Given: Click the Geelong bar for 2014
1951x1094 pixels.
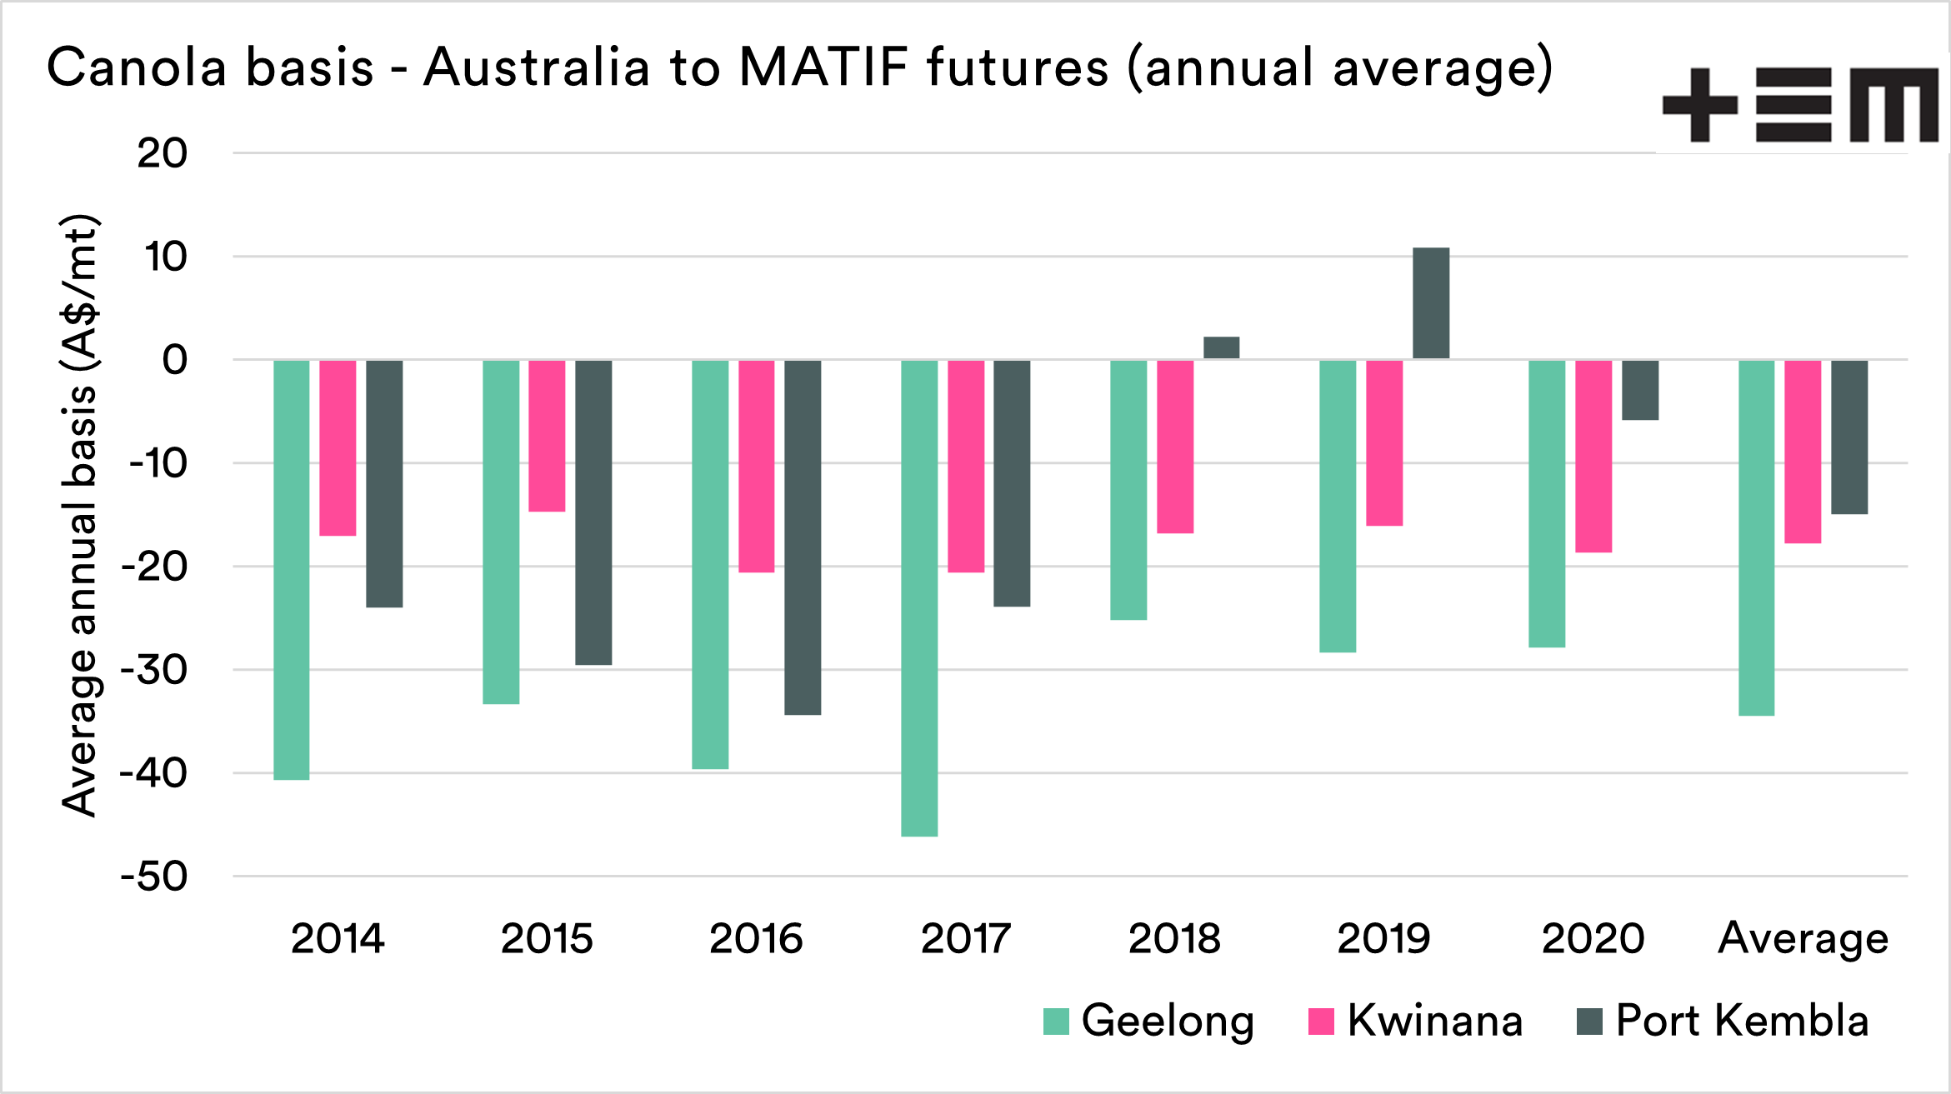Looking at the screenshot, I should point(291,570).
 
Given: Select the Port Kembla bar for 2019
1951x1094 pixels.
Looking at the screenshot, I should point(1430,303).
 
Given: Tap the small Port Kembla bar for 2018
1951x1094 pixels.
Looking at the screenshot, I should point(1221,347).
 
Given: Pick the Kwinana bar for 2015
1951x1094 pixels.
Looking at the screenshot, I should point(547,436).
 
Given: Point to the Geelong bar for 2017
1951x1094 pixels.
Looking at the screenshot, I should point(919,598).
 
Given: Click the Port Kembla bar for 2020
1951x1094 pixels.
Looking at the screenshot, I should point(1639,390).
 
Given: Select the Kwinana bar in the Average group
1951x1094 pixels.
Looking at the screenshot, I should point(1802,452).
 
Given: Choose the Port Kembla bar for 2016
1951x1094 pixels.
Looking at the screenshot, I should point(802,537).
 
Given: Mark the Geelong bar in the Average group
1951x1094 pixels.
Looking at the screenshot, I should point(1756,537).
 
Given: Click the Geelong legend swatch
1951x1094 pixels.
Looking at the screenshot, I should point(1056,1022).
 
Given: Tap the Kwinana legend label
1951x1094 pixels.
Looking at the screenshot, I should point(1434,1021).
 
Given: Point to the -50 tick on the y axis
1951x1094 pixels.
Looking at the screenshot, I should point(155,877).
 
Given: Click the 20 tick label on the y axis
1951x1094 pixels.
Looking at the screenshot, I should point(163,153).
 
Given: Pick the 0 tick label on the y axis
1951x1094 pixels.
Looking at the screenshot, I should point(174,360).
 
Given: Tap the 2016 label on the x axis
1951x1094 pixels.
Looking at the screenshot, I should point(756,939).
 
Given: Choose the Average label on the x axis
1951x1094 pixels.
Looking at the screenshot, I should point(1803,939).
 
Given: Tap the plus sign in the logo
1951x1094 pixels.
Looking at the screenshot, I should point(1699,105).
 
